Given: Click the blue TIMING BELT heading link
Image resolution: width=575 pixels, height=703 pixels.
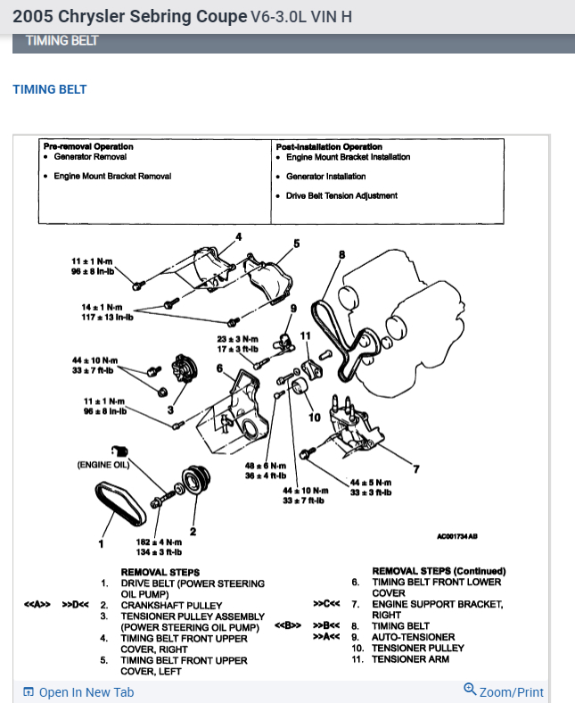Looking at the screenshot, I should (49, 89).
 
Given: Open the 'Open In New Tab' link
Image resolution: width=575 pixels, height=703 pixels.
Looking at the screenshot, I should (86, 692).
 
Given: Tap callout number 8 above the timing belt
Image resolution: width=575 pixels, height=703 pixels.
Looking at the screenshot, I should (341, 254).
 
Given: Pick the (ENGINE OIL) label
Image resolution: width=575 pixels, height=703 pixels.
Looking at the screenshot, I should (104, 465).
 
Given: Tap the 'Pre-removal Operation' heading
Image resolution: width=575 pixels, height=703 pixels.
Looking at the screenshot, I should (88, 146).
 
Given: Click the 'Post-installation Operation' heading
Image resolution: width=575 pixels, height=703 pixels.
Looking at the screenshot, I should (329, 146).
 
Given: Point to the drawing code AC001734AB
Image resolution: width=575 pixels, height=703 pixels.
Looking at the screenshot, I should (456, 537).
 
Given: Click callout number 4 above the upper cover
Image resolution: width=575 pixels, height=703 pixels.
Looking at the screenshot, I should (239, 236).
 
